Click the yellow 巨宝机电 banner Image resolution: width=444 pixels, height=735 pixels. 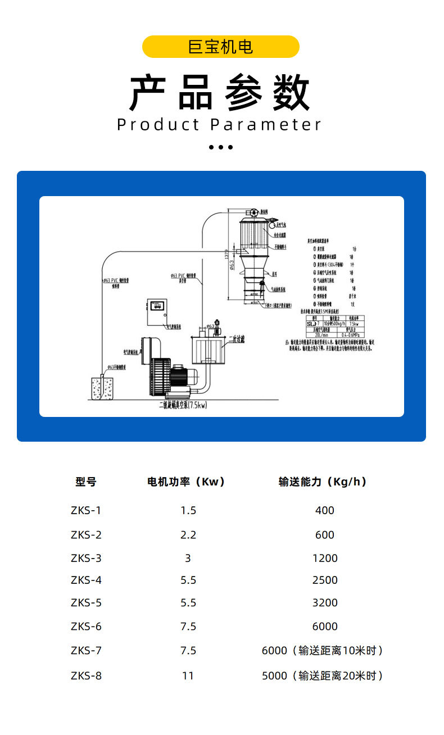pyautogui.click(x=221, y=47)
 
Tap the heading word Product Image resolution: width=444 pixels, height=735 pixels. pyautogui.click(x=158, y=125)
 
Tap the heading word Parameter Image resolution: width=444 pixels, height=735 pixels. pyautogui.click(x=266, y=125)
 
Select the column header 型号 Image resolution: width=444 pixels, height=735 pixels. pyautogui.click(x=86, y=482)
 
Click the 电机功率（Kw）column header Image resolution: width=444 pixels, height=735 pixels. pyautogui.click(x=186, y=482)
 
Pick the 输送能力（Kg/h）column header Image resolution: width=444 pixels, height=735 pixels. pyautogui.click(x=323, y=482)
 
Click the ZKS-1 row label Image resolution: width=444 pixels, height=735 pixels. pyautogui.click(x=86, y=510)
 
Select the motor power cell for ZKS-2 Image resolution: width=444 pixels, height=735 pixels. pyautogui.click(x=188, y=534)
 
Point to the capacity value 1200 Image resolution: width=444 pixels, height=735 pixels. pyautogui.click(x=325, y=558)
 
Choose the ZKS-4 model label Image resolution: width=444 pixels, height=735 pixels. pyautogui.click(x=86, y=580)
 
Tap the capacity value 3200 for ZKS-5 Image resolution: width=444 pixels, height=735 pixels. pyautogui.click(x=325, y=602)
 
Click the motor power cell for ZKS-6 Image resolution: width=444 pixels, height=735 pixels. pyautogui.click(x=188, y=626)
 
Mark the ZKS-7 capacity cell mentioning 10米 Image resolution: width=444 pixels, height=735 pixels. pyautogui.click(x=323, y=650)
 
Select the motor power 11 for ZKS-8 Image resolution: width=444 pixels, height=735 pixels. pyautogui.click(x=188, y=675)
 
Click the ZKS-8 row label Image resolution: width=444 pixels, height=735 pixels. pyautogui.click(x=86, y=675)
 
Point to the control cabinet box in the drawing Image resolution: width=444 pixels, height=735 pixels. pyautogui.click(x=158, y=312)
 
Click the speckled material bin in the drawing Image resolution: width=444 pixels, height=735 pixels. pyautogui.click(x=102, y=388)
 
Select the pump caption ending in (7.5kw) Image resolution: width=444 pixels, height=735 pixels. pyautogui.click(x=183, y=405)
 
